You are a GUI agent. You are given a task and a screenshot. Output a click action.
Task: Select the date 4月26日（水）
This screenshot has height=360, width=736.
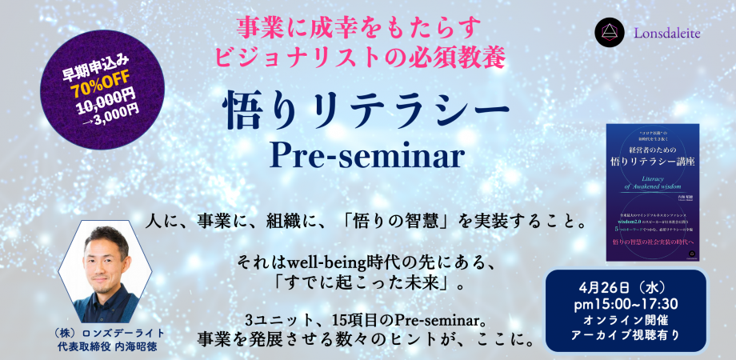626,286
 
